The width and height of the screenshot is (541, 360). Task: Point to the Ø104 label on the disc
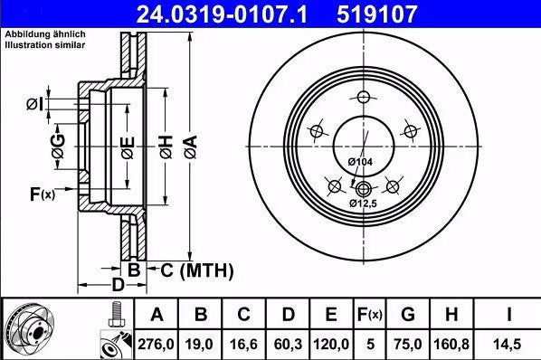pos(361,161)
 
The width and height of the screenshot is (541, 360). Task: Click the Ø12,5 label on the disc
pos(365,204)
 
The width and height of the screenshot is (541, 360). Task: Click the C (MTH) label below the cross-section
pos(196,270)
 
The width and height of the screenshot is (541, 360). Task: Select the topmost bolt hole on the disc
pos(364,99)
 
